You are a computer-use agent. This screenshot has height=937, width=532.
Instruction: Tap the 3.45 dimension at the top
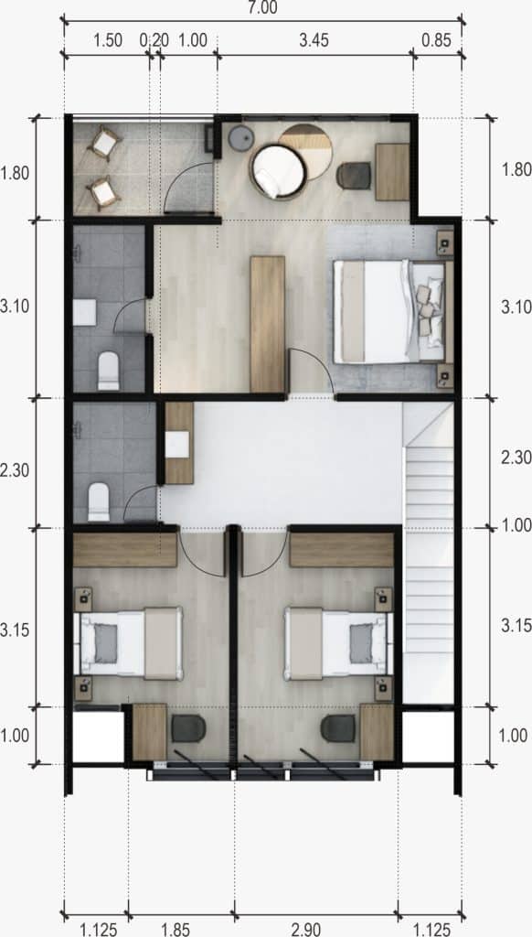[314, 40]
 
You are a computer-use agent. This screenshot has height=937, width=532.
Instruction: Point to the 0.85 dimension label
[436, 40]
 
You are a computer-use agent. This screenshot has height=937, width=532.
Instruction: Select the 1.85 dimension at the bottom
[176, 930]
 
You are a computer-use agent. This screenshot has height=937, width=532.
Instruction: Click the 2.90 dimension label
[305, 930]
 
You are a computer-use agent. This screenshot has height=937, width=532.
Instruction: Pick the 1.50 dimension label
[108, 40]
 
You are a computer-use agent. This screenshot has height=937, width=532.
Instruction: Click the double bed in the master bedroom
[389, 311]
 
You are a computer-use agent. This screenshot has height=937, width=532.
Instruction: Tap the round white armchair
[278, 171]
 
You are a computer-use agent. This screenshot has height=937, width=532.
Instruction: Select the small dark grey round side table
[242, 139]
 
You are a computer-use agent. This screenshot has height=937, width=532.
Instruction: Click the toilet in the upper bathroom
[108, 371]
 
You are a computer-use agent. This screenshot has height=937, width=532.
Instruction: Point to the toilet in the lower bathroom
[99, 502]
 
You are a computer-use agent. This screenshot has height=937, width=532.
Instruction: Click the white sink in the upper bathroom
[84, 313]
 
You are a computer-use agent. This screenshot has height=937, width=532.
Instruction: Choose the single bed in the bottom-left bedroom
[132, 643]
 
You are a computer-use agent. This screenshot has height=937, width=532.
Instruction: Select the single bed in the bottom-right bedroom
[335, 643]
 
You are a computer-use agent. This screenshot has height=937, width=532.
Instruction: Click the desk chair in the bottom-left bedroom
[188, 728]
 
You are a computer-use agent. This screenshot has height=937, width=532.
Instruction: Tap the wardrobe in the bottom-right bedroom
[342, 550]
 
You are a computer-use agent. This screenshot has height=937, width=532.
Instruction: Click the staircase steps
[429, 553]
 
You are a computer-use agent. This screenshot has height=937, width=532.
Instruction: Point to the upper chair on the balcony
[104, 143]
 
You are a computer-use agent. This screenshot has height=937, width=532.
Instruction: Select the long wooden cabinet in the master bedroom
[268, 325]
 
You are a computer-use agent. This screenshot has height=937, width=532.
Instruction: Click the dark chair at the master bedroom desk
[354, 175]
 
